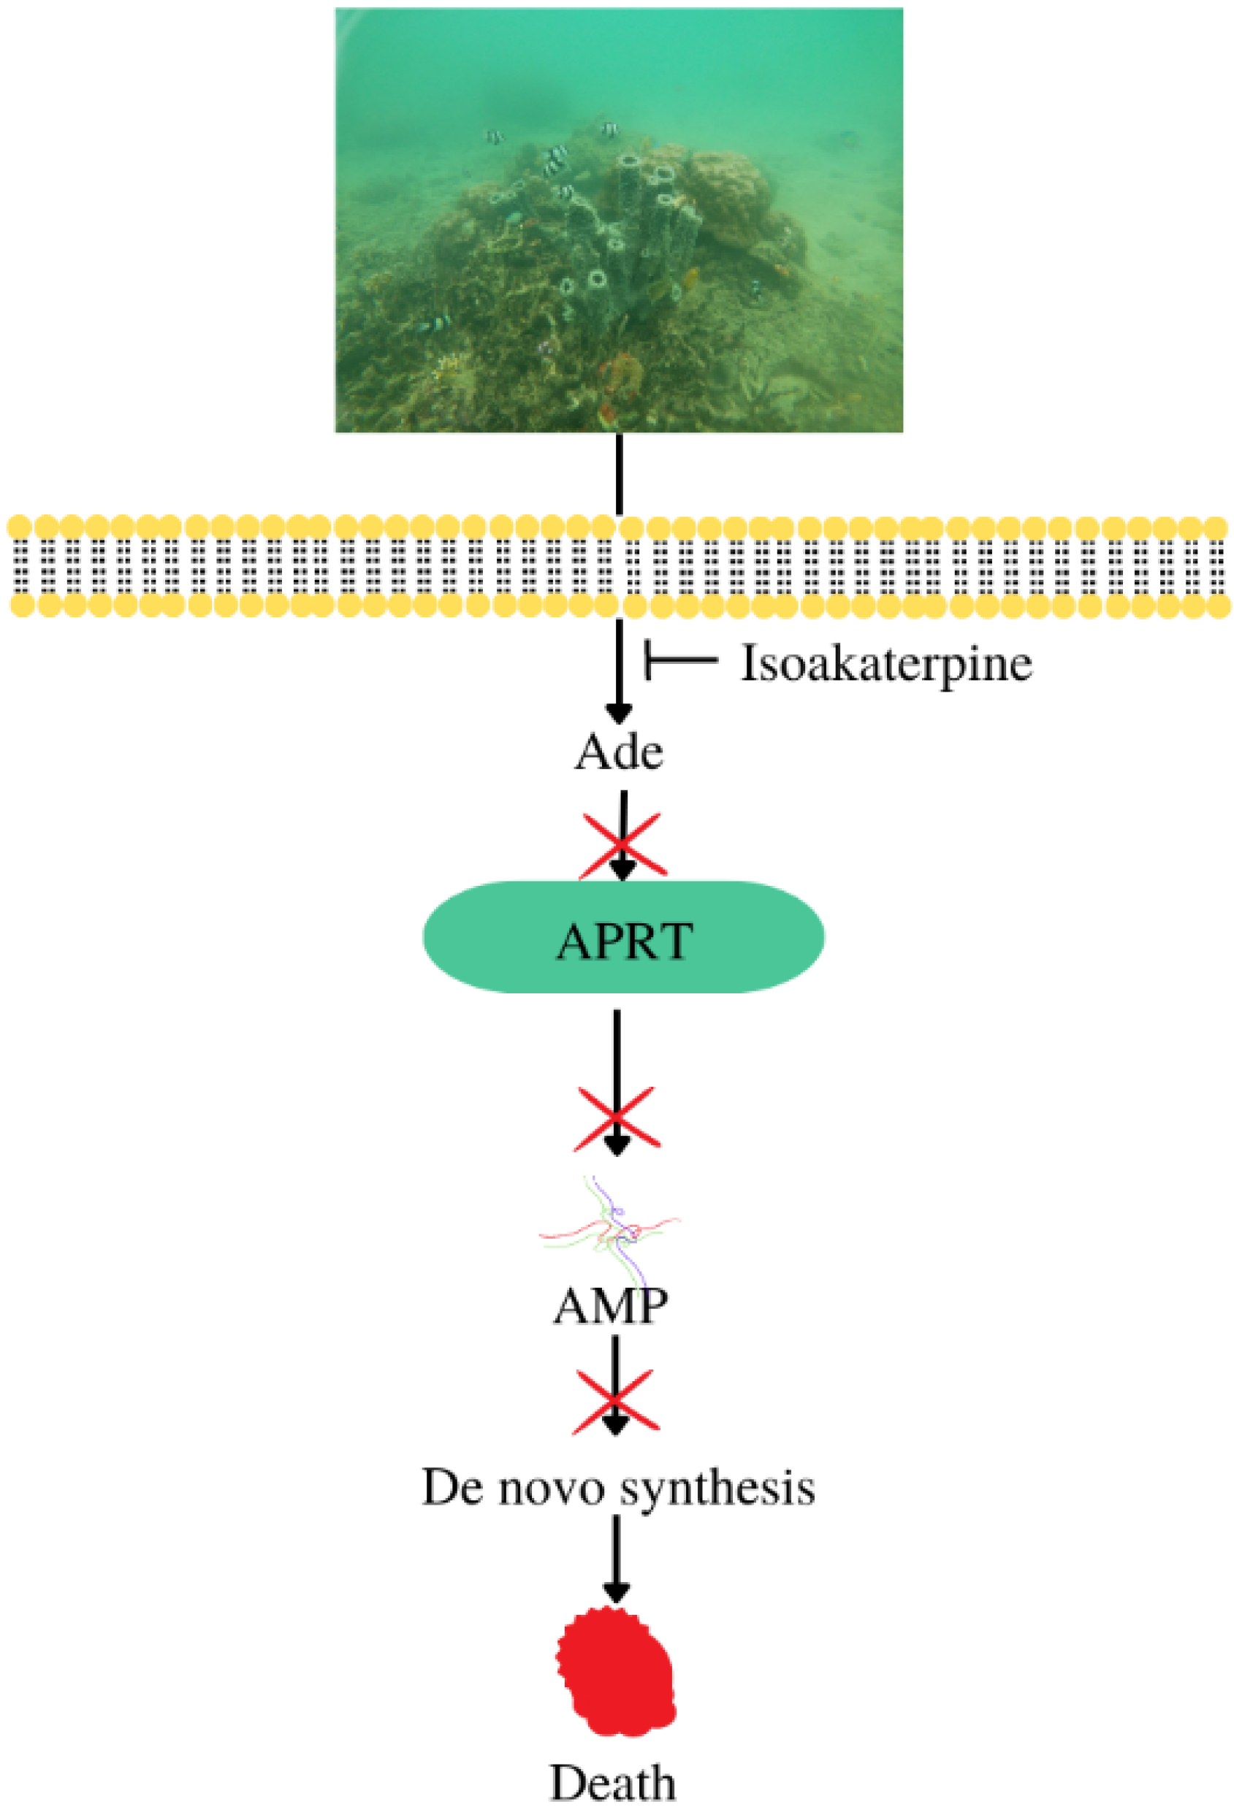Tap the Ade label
click(619, 752)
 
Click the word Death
click(613, 1781)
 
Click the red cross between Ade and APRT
click(622, 846)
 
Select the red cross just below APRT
click(617, 1120)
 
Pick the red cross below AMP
click(616, 1401)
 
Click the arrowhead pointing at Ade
click(619, 712)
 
